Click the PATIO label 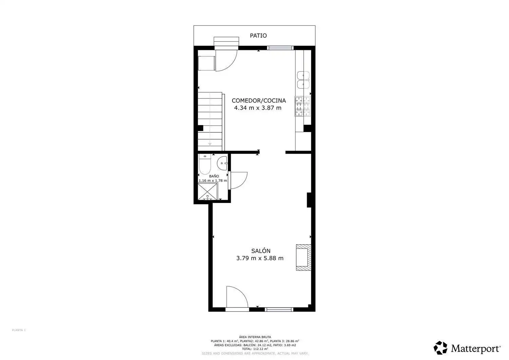pos(258,36)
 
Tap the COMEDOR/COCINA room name pos(259,100)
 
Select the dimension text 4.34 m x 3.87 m pos(258,108)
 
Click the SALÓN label pos(261,251)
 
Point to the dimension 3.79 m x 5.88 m pos(260,258)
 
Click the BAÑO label pos(214,176)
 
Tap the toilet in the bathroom pos(205,164)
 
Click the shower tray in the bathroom pos(207,192)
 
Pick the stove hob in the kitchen pos(303,106)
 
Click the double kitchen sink pos(303,80)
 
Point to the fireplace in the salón pos(303,257)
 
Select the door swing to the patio pos(226,61)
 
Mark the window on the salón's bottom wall pos(279,309)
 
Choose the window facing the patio pos(280,48)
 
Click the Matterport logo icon pos(440,347)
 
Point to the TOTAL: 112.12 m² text pos(255,349)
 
